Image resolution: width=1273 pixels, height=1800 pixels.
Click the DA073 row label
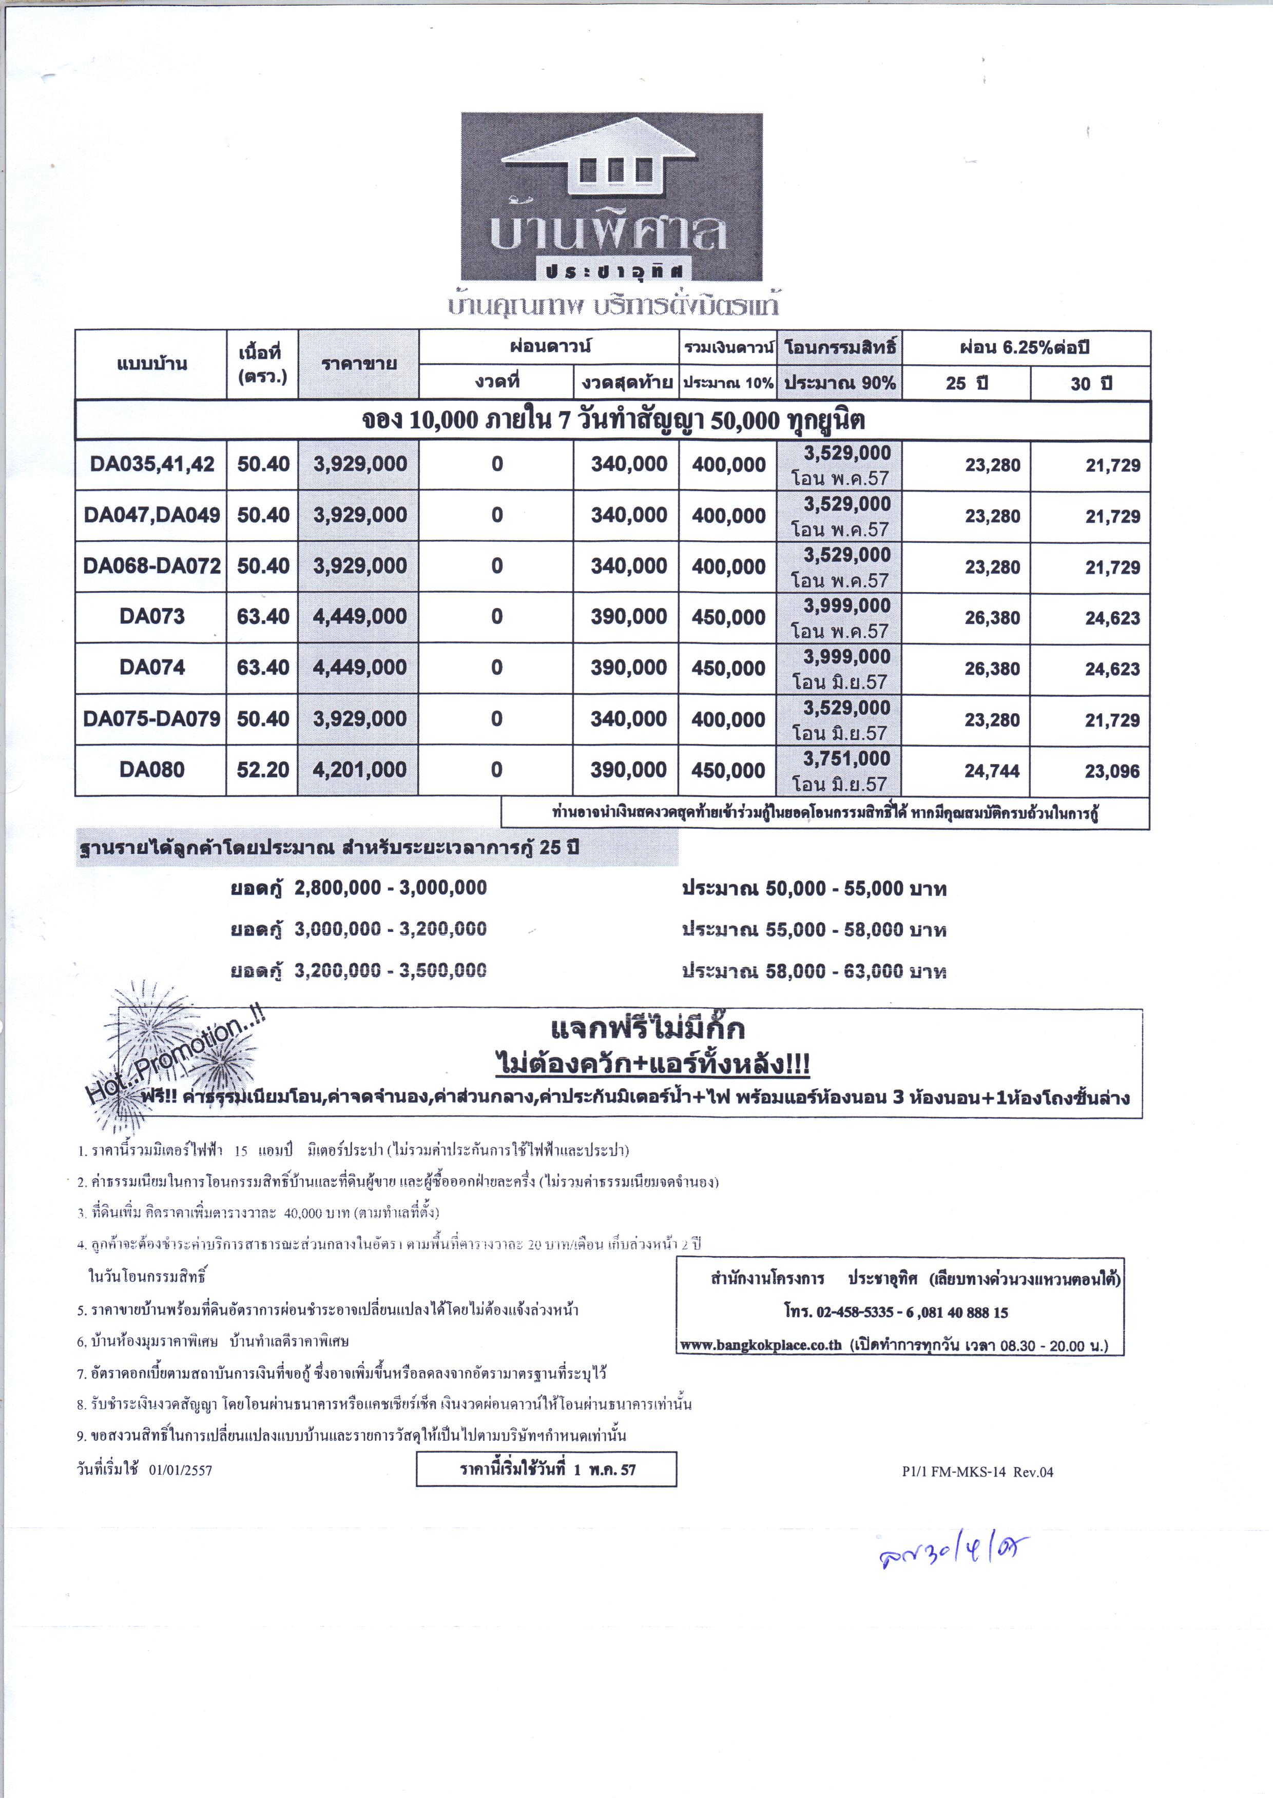(x=151, y=617)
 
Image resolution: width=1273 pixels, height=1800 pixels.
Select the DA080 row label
(x=151, y=770)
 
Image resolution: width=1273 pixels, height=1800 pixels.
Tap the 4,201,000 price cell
(x=359, y=770)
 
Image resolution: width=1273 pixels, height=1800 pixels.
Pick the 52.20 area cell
(x=263, y=770)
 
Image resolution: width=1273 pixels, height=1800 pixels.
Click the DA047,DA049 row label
(x=151, y=515)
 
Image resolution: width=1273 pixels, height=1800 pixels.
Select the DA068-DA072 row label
(x=151, y=566)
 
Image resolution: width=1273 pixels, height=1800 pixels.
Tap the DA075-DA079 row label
(x=151, y=719)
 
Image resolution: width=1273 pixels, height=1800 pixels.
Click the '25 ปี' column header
(x=967, y=383)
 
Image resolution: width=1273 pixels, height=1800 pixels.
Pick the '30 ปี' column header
(x=1091, y=383)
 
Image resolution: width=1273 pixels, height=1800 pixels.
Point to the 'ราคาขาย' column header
(x=358, y=364)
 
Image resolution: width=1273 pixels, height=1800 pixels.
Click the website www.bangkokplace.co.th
(x=760, y=1345)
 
